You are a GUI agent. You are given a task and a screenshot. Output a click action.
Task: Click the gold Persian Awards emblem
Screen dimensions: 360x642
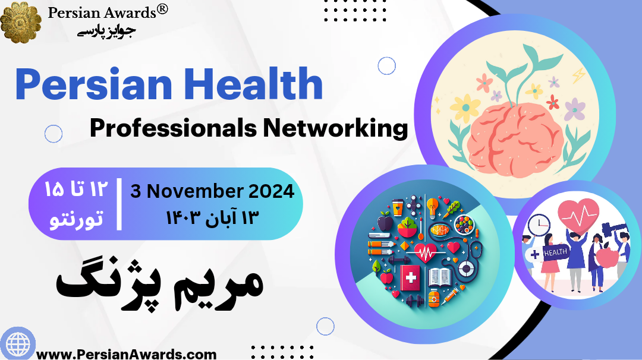tap(21, 21)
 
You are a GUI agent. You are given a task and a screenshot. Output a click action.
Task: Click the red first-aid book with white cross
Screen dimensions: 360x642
tap(411, 278)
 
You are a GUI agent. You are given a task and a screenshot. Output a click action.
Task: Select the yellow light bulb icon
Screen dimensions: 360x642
tap(432, 206)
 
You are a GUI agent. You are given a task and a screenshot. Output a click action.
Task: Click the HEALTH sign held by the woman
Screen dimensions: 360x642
tap(556, 252)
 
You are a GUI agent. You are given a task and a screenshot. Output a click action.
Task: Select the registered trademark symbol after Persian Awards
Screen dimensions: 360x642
tap(163, 9)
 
